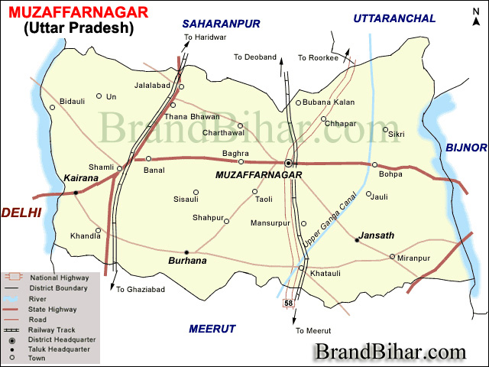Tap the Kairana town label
pos(82,178)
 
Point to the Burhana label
pos(188,261)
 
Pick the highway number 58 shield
pos(288,304)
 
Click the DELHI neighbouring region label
pos(21,213)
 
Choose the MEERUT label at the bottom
pos(212,329)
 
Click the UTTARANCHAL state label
pos(394,18)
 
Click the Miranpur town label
pos(414,258)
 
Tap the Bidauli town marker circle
pos(53,107)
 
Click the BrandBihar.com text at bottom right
pos(390,352)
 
